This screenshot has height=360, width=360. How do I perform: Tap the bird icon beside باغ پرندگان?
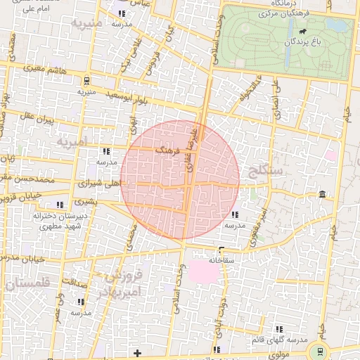pos(303,32)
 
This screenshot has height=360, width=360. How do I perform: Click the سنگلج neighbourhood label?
pos(265,170)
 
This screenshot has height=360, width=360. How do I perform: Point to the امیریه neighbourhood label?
pos(72,143)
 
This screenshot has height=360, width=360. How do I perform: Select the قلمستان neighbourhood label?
pos(26,283)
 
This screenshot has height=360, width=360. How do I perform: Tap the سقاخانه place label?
pos(220,259)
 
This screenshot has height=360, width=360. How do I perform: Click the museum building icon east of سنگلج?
pos(321,194)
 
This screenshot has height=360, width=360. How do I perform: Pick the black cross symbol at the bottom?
pos(137,352)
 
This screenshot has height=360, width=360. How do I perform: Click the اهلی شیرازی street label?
pos(102,182)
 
